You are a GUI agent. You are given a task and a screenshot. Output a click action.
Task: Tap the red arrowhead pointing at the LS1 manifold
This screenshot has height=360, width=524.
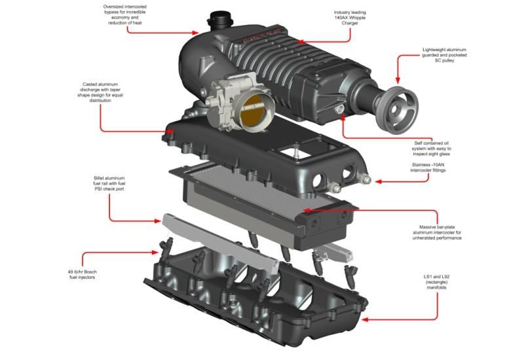click(x=364, y=320)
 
